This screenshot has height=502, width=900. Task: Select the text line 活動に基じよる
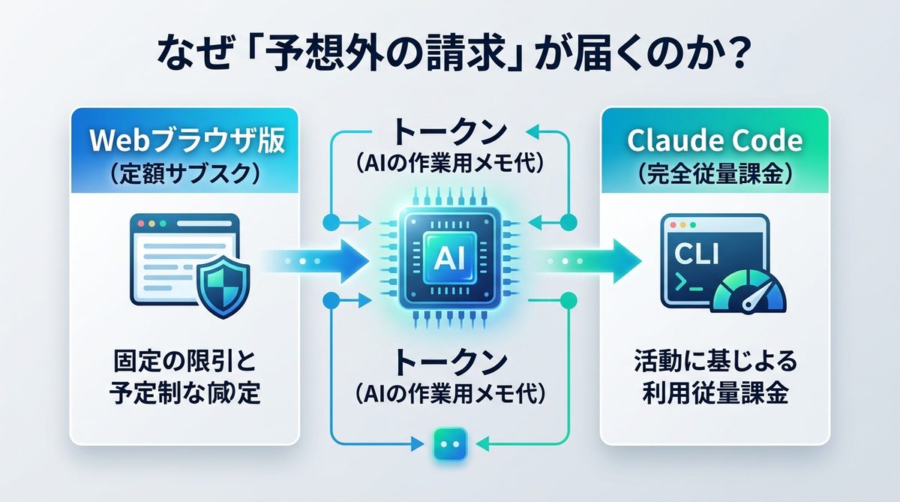coord(714,362)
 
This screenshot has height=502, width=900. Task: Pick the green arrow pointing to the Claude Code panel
coord(592,262)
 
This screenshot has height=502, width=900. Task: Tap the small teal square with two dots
coord(449,445)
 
